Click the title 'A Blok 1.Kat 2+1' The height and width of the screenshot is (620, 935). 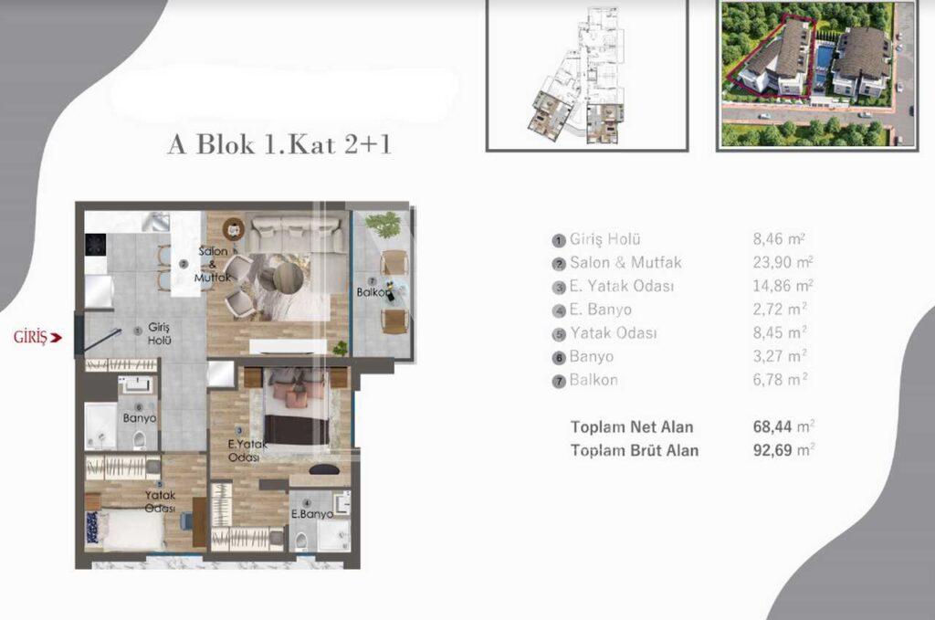[278, 145]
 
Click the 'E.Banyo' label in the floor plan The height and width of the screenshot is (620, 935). [310, 513]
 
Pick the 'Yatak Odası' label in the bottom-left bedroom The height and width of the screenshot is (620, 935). [160, 502]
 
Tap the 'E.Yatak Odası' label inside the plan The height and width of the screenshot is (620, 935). [246, 451]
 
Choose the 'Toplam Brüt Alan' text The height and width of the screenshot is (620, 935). [634, 450]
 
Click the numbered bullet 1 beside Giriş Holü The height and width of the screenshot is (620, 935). [558, 240]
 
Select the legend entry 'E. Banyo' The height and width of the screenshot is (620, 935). [604, 310]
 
